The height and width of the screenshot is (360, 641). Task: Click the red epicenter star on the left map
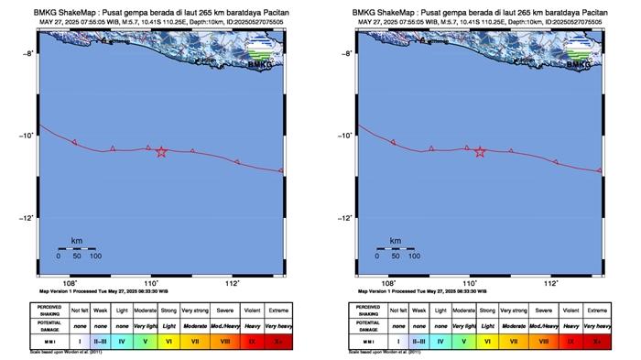[161, 151]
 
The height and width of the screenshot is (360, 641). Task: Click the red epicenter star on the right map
[480, 151]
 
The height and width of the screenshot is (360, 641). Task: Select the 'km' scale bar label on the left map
[76, 239]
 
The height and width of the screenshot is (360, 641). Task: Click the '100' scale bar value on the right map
[414, 256]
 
